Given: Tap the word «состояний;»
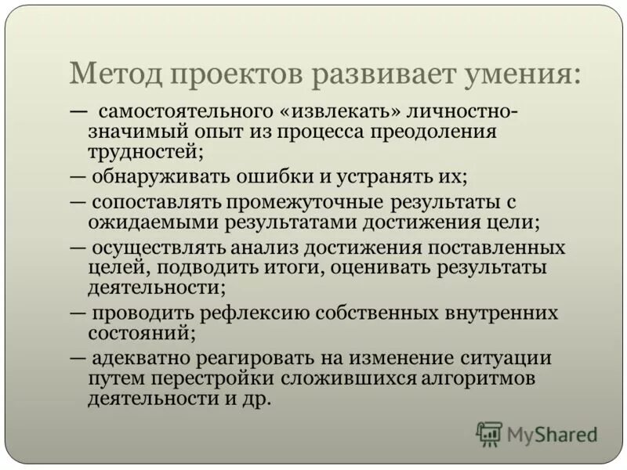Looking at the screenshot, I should click(141, 332).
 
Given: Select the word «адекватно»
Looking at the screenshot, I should click(142, 360).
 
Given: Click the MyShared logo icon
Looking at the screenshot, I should click(489, 433).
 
